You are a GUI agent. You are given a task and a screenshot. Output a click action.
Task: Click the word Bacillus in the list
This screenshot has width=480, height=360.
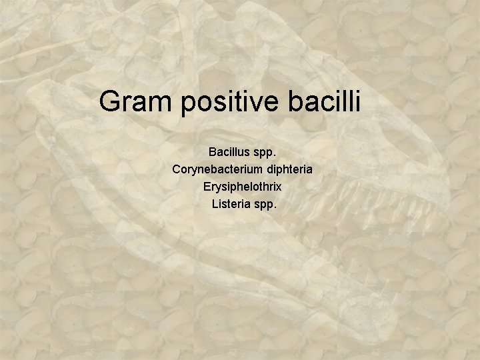click(229, 152)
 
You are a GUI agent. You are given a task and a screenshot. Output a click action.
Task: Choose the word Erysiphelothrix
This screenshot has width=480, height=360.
click(242, 187)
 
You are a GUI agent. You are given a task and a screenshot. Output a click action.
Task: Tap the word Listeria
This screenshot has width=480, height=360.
click(231, 204)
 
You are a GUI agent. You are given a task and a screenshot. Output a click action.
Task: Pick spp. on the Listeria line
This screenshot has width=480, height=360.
click(265, 205)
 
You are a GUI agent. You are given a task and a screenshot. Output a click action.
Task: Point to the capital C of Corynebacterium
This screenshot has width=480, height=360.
click(176, 169)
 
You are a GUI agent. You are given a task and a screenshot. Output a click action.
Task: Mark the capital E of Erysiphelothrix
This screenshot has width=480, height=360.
click(207, 187)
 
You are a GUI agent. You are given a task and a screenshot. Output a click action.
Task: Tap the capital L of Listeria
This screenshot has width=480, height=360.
click(215, 204)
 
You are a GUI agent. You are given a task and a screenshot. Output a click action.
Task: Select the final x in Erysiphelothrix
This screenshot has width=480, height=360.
click(279, 188)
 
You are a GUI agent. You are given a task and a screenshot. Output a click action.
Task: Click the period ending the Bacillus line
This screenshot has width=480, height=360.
click(274, 155)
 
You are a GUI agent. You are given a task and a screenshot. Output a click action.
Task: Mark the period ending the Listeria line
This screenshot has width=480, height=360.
click(274, 207)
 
